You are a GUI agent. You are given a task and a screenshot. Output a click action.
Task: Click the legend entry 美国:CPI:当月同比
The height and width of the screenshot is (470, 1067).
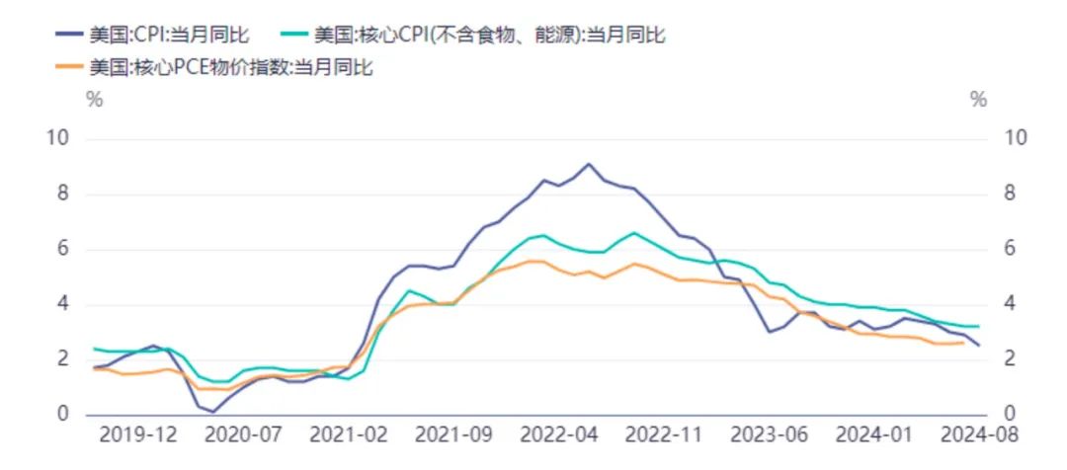tap(168, 35)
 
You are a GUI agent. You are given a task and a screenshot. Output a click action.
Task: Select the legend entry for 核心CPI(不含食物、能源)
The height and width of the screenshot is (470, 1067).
tap(489, 35)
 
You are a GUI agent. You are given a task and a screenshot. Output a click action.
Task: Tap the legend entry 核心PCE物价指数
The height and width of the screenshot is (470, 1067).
tap(231, 67)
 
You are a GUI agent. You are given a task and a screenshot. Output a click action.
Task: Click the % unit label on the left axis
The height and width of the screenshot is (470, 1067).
tap(94, 100)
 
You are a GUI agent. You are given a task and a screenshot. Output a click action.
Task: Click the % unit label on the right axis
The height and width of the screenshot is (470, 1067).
tap(978, 100)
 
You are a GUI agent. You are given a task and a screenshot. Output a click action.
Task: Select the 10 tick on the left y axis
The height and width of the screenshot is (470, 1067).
tap(58, 138)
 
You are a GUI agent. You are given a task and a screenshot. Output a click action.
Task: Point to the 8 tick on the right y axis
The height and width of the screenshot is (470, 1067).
tap(1009, 194)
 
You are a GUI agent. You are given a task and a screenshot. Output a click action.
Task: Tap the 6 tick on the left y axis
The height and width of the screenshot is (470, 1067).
tap(62, 249)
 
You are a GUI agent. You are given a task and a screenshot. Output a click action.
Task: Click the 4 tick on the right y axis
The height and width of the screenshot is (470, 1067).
tap(1009, 304)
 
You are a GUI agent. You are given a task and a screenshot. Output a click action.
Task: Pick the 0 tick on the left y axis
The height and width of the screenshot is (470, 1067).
tap(62, 414)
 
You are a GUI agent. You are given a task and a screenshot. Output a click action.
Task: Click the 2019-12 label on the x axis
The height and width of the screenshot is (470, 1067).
tap(138, 435)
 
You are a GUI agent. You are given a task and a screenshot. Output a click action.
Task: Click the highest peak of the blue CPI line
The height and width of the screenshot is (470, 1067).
tap(589, 164)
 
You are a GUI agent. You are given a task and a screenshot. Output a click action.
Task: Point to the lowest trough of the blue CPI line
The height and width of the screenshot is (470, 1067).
tap(212, 411)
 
